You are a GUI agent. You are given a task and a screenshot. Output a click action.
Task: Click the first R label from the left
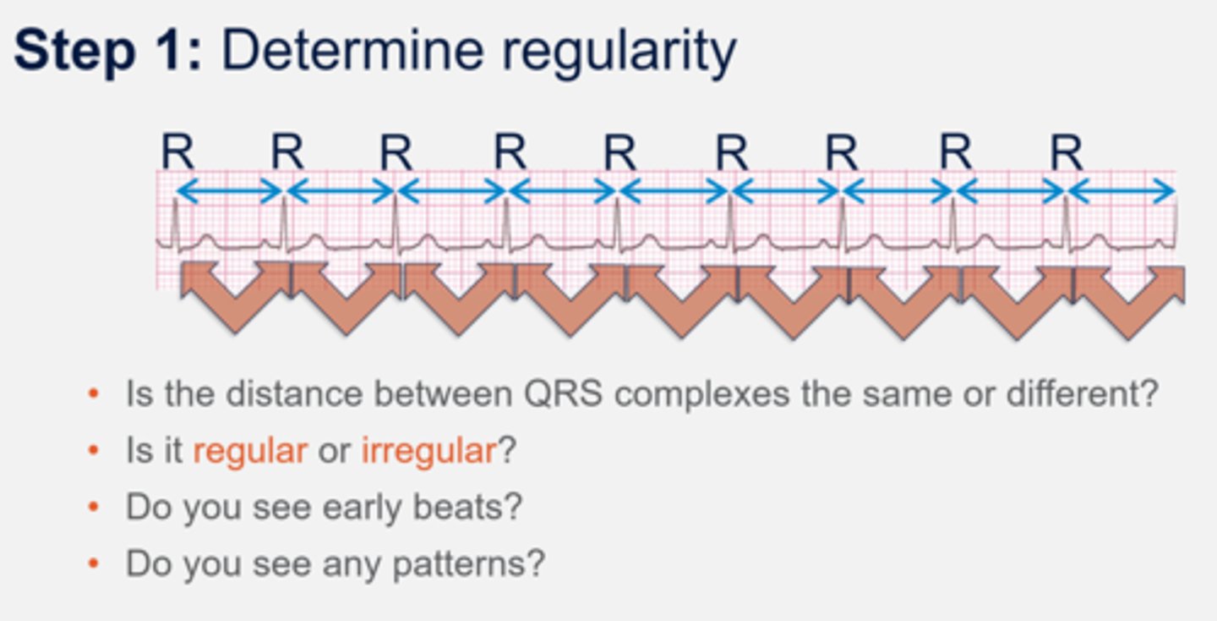point(177,153)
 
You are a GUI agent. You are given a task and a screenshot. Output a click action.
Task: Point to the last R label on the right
point(1067,153)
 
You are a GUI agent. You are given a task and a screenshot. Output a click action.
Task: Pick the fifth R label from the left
point(619,153)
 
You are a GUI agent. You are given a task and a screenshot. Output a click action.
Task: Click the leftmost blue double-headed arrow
point(229,192)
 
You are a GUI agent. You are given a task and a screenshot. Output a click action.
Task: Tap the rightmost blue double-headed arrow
point(1122,192)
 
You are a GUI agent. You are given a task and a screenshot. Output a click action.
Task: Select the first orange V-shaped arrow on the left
point(235,296)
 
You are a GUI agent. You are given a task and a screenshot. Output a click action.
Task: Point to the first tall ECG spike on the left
point(176,222)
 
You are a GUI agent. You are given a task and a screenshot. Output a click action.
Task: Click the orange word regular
point(249,451)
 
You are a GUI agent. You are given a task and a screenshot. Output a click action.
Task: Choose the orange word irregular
point(428,451)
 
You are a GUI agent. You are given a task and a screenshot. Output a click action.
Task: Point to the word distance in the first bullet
point(288,394)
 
